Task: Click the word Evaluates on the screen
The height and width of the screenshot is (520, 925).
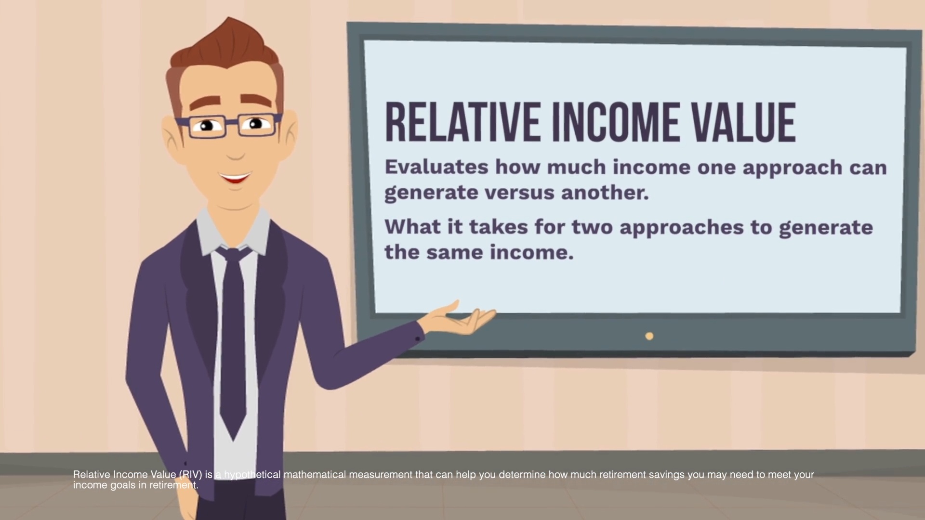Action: click(436, 167)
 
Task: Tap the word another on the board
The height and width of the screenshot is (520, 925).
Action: click(605, 192)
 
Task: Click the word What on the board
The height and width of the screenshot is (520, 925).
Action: click(413, 226)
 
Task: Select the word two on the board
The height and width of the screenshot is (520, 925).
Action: click(593, 227)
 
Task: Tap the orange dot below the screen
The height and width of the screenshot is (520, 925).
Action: click(649, 336)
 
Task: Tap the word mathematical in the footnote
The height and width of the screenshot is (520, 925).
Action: click(315, 475)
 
